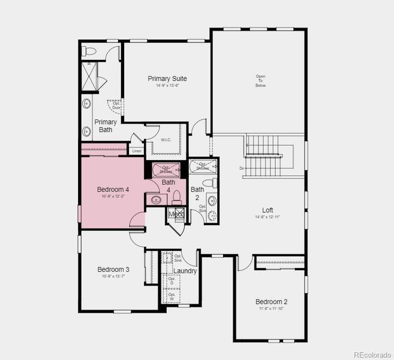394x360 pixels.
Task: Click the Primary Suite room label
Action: (x=167, y=79)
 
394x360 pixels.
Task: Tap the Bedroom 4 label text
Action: (x=113, y=190)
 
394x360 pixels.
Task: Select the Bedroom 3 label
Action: (x=113, y=270)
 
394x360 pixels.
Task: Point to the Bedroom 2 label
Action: (x=271, y=301)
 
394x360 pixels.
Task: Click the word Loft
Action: (x=267, y=210)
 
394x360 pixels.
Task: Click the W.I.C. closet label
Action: (x=166, y=140)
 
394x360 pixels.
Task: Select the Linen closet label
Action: (x=137, y=151)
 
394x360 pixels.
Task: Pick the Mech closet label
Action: (x=176, y=214)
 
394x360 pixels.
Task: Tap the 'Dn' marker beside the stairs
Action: (x=242, y=168)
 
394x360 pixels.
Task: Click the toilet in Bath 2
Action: (x=207, y=182)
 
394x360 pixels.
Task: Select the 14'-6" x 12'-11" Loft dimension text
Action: (x=267, y=217)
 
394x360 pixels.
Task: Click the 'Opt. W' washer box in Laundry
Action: (x=172, y=296)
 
